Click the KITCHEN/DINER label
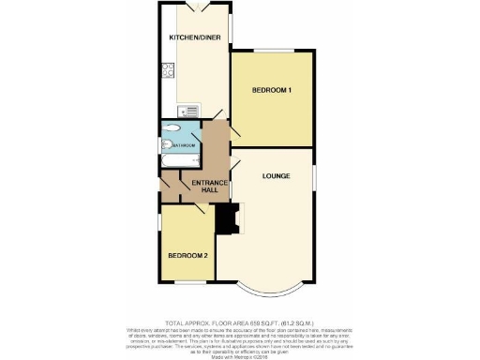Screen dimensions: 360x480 (194, 37)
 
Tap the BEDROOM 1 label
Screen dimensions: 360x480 (272, 90)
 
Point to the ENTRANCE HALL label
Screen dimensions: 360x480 (205, 186)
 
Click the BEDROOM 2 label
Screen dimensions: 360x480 (188, 255)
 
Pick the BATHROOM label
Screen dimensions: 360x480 (182, 145)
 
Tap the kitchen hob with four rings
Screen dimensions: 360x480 (168, 69)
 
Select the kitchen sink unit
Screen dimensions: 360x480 (193, 111)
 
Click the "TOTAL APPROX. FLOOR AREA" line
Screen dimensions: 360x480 (240, 322)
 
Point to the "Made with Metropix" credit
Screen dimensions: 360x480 (240, 354)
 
